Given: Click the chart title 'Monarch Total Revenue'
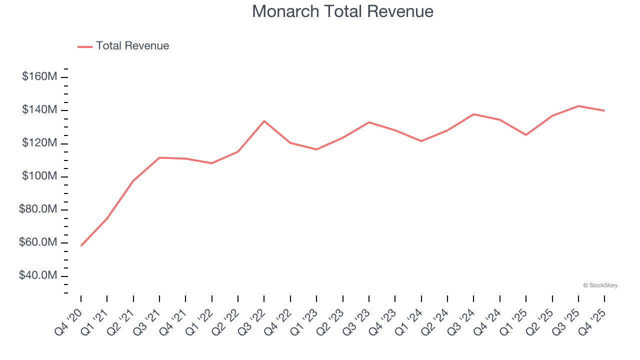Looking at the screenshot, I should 342,11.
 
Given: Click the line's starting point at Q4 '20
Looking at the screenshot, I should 81,245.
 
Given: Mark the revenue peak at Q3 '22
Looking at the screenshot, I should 264,121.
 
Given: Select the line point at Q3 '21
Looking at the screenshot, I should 159,157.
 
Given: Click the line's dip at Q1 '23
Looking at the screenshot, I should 316,149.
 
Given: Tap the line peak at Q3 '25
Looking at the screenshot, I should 578,106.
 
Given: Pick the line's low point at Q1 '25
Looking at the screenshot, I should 526,135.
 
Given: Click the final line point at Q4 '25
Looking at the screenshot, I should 604,110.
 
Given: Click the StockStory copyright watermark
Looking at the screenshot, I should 600,285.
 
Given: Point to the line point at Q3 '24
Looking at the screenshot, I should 473,114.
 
